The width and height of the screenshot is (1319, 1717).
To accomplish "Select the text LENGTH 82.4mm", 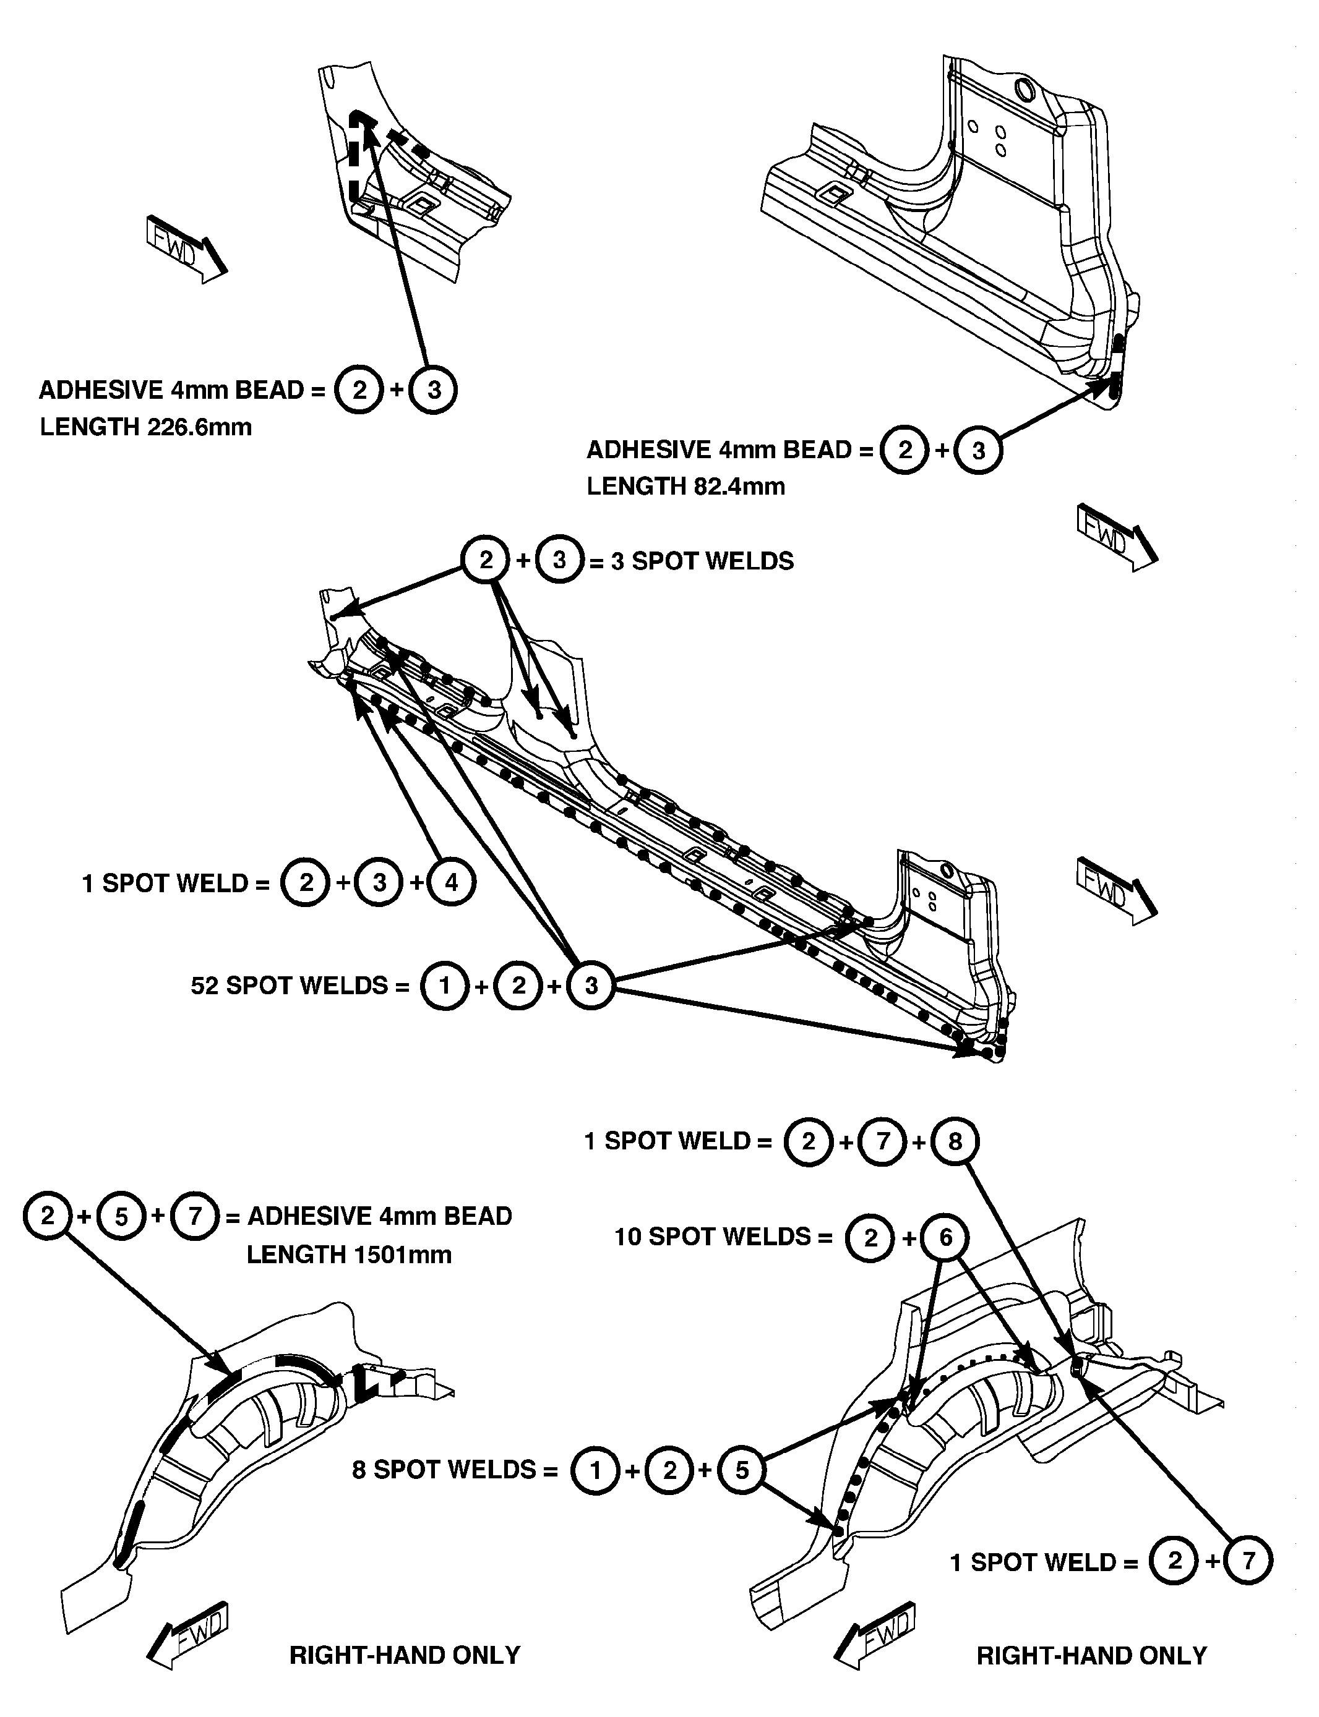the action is (x=685, y=487).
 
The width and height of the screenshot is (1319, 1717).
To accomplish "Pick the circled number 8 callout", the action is (x=955, y=1141).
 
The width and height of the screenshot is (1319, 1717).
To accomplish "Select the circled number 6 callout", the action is (x=945, y=1238).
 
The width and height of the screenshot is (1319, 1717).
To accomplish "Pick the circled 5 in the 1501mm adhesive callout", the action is (x=121, y=1216).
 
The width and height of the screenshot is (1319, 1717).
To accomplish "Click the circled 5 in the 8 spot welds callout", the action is (x=742, y=1470).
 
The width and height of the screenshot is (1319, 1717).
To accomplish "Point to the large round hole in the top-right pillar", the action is (x=1025, y=90).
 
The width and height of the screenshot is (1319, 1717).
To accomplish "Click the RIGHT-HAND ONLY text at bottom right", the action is (x=1091, y=1655).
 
